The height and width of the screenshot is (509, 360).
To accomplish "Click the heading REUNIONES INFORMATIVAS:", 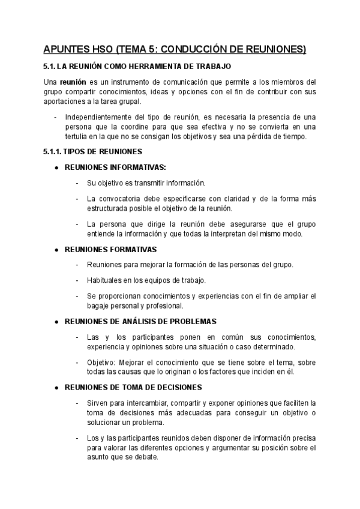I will [x=115, y=167].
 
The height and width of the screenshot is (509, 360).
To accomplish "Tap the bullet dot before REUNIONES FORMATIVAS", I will [x=56, y=249].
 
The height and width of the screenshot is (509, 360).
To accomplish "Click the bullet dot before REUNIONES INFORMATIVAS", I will [x=56, y=167].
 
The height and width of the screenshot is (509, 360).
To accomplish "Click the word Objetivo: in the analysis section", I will [x=101, y=363].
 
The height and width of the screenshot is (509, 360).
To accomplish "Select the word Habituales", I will [x=105, y=280].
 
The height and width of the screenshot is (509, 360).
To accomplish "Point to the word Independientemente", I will [x=100, y=116].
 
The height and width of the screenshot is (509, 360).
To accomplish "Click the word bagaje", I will [x=100, y=306].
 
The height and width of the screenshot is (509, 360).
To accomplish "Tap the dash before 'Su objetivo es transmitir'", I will [x=77, y=182].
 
